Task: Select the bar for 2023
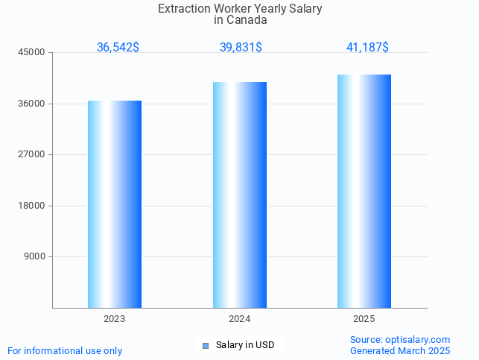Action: tap(115, 204)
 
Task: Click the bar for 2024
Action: tap(240, 195)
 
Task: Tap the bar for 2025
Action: tap(364, 191)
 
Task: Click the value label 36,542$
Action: tap(118, 48)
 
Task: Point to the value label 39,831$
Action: tap(241, 48)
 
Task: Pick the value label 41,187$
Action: tap(367, 48)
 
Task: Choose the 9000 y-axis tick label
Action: tap(36, 256)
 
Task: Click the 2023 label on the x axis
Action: tap(115, 319)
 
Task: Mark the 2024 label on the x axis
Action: tap(240, 319)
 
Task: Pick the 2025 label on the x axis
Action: tap(364, 319)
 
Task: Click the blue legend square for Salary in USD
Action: tap(206, 345)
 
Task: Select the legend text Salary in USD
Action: tap(245, 345)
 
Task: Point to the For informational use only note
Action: tap(65, 350)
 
